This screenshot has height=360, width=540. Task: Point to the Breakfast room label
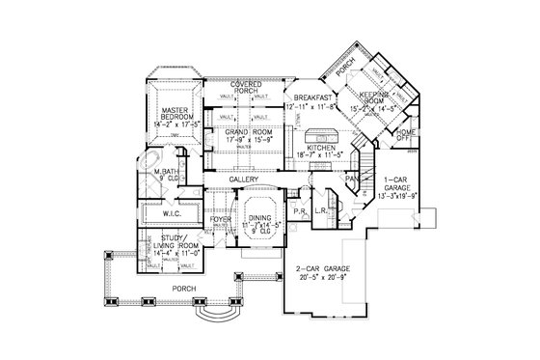(315, 97)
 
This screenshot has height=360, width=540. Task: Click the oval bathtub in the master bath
(150, 159)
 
